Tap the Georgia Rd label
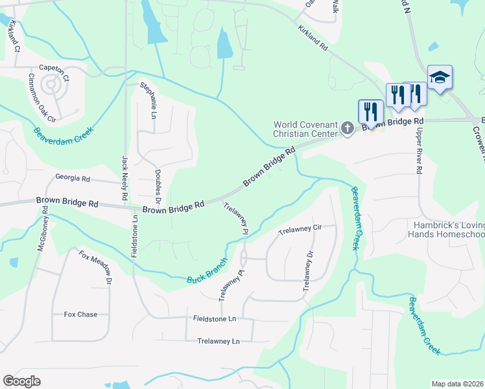(72, 178)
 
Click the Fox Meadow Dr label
(95, 268)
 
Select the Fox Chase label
(80, 314)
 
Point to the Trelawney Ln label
(219, 341)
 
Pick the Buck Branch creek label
(207, 272)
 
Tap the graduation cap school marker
(440, 77)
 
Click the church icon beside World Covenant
(347, 128)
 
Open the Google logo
(22, 381)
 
